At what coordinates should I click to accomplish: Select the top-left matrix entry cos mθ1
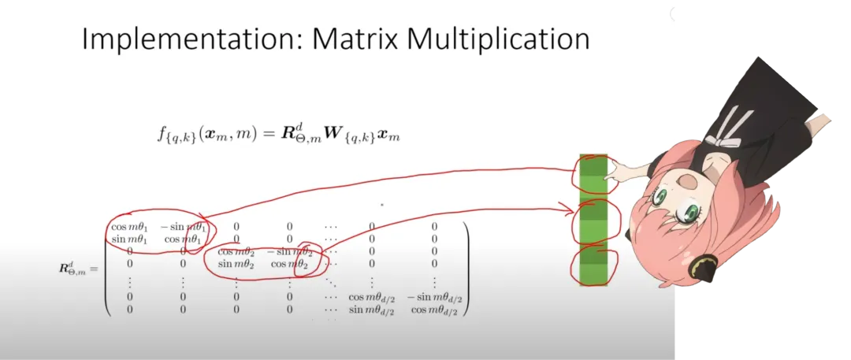(x=129, y=227)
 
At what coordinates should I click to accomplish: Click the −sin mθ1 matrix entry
(x=184, y=227)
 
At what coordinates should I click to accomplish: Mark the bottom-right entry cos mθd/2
(x=433, y=310)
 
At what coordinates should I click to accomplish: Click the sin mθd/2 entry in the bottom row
(x=372, y=310)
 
